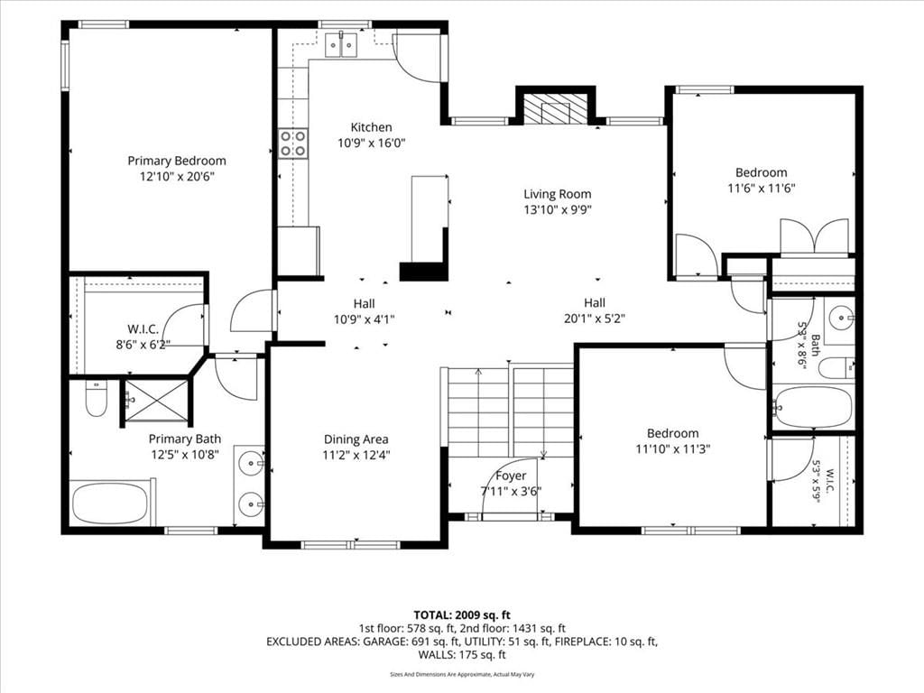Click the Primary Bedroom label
177,161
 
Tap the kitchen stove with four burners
293,143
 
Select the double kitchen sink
341,45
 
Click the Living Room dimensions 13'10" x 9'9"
558,209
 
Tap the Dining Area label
356,439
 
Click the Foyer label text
511,476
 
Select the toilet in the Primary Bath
96,398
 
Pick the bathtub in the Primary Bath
110,503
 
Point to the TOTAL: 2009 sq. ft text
462,615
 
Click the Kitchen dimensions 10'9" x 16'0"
371,143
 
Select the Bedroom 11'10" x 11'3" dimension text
672,449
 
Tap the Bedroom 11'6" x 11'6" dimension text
762,189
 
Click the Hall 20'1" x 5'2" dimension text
594,319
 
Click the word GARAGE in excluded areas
384,642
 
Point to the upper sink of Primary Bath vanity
251,463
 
